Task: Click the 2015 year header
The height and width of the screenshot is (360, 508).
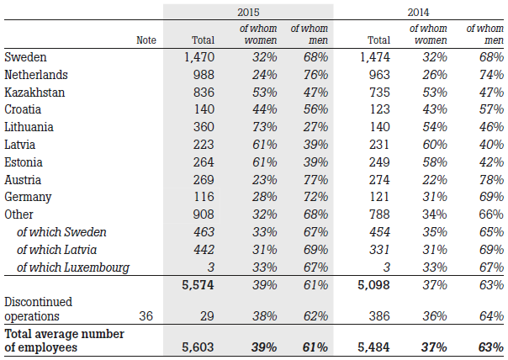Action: point(248,13)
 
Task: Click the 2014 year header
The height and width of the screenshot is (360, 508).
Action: point(418,13)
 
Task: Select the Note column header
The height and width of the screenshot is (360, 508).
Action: point(146,40)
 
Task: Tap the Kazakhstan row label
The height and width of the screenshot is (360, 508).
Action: point(34,93)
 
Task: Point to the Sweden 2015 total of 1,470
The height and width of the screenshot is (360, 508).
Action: point(199,57)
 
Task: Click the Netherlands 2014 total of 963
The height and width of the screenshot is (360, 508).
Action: point(379,75)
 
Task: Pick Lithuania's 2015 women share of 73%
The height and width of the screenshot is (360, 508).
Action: point(265,127)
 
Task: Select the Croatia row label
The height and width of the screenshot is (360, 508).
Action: point(23,109)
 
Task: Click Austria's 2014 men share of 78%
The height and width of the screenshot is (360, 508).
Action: point(491,180)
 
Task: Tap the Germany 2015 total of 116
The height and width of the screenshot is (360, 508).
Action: point(204,197)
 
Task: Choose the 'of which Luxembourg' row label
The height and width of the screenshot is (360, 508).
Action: point(73,267)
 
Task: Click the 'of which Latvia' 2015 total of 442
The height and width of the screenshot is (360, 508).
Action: point(204,250)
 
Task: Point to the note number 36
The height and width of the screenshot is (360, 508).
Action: point(146,316)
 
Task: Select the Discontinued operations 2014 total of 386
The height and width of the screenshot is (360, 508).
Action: point(379,316)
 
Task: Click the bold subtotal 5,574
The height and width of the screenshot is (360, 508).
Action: point(198,285)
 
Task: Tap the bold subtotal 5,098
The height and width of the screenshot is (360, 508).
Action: point(374,285)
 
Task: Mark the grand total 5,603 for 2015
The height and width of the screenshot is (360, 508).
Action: point(198,347)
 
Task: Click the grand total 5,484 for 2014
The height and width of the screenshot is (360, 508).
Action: point(374,347)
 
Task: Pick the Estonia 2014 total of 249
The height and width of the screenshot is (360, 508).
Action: point(379,162)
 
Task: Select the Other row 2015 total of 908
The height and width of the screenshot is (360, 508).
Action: point(204,214)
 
